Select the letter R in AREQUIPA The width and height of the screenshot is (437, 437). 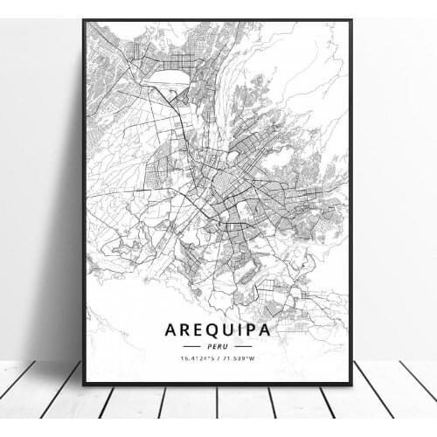click(184, 329)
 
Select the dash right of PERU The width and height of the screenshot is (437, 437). click(244, 346)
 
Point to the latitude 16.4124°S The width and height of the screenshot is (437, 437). click(197, 358)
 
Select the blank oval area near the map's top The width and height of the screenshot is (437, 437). click(167, 79)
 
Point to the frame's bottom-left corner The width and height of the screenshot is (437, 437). click(85, 385)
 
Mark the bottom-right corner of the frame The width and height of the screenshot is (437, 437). click(351, 384)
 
